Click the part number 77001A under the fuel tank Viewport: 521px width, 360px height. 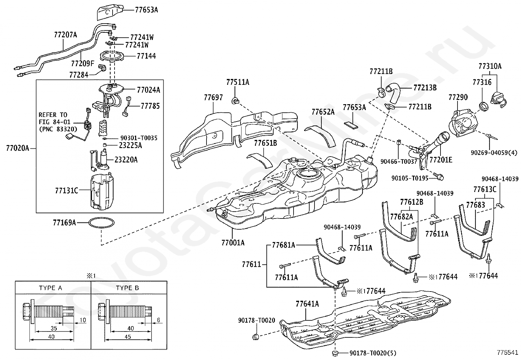coord(233,243)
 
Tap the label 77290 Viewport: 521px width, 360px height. coord(458,97)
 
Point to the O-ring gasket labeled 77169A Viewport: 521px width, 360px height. coord(101,223)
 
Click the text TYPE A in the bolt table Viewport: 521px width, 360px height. coord(50,288)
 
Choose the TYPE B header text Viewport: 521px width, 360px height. coord(127,288)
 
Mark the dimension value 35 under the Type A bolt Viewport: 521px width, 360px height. coord(54,328)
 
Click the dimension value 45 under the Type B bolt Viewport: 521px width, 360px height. coord(128,337)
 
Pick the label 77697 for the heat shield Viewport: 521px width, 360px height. coord(213,97)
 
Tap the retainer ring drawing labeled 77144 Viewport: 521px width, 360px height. coord(111,57)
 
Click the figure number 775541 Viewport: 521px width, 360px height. coord(508,352)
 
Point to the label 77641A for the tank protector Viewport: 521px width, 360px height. coord(307,304)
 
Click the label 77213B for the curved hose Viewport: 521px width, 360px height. coord(425,87)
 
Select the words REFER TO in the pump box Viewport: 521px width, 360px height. coord(53,115)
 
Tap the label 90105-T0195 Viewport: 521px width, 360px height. coord(410,178)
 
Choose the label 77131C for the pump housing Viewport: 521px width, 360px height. coord(66,191)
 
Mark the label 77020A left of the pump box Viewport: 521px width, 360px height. coord(18,148)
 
